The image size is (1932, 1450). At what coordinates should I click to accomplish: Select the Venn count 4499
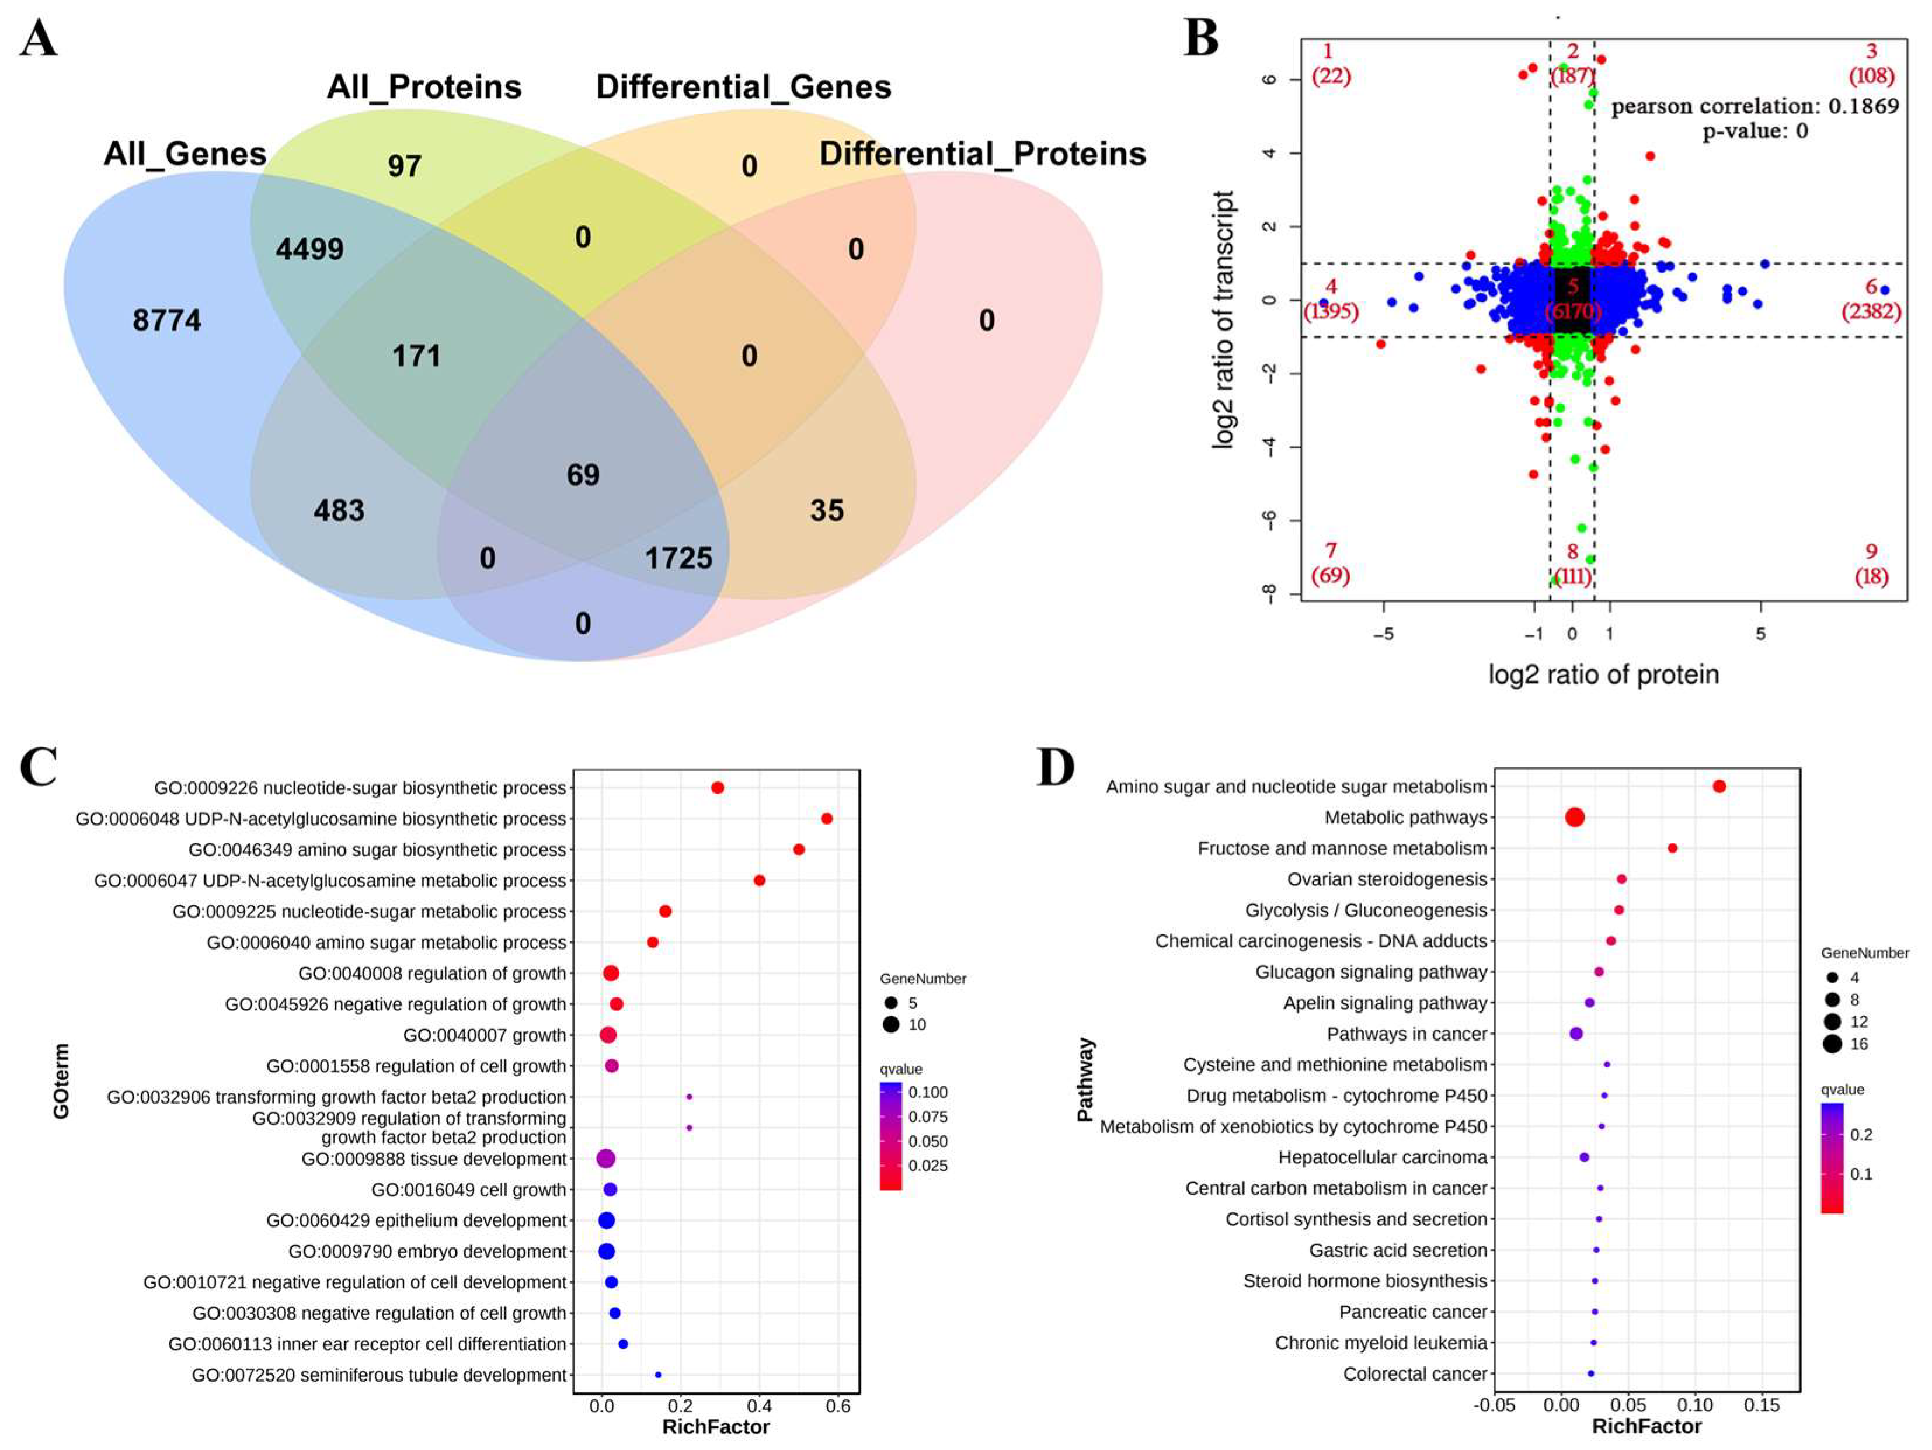tap(309, 249)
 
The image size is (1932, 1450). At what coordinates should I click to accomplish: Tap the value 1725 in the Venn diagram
tap(678, 558)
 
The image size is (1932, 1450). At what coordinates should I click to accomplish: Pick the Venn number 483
tap(339, 510)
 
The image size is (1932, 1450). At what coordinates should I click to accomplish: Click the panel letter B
tap(1201, 39)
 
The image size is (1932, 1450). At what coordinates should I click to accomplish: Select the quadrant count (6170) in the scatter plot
tap(1573, 311)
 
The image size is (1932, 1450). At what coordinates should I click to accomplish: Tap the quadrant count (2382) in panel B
tap(1871, 311)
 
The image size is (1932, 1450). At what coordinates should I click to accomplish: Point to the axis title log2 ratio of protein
tap(1604, 674)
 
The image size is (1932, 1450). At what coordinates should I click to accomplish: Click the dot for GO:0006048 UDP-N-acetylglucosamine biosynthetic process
tap(826, 819)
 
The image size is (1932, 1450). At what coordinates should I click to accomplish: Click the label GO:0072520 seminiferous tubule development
tap(379, 1375)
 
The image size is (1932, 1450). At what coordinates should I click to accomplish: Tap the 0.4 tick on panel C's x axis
tap(759, 1406)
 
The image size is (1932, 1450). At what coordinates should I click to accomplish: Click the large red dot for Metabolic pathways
tap(1574, 818)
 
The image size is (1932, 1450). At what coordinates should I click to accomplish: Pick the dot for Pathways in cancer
tap(1576, 1034)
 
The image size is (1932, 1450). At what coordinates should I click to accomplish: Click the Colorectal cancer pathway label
tap(1414, 1374)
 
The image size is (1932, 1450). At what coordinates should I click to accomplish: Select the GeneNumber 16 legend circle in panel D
tap(1832, 1044)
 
